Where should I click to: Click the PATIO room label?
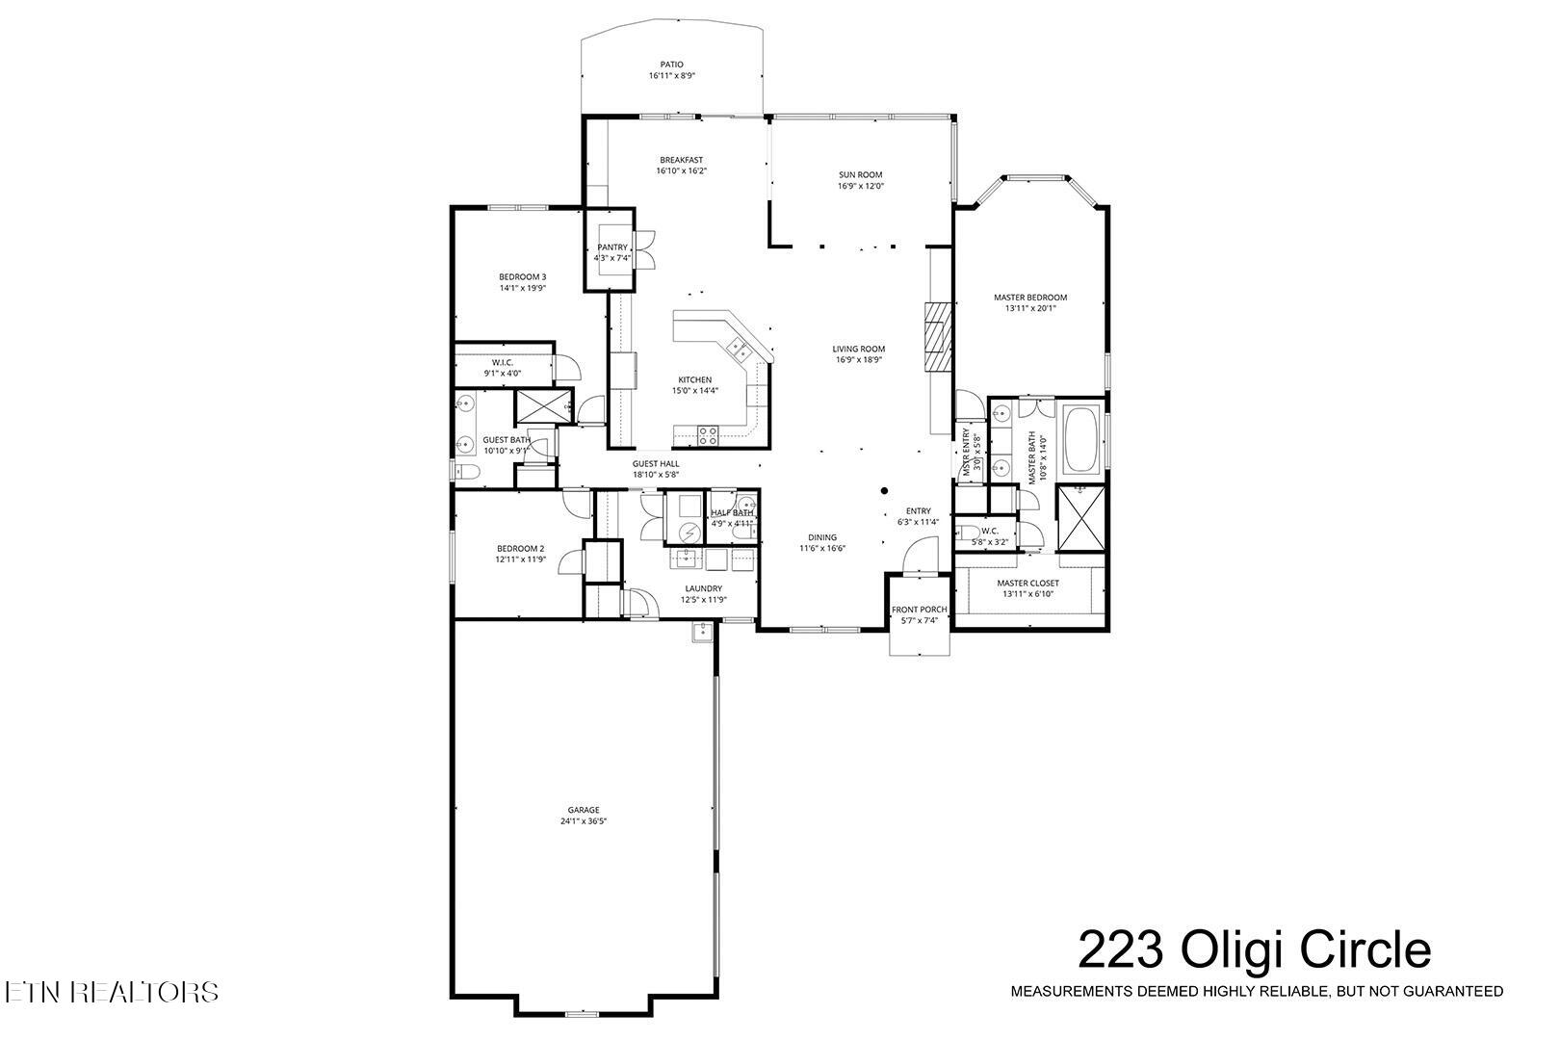pyautogui.click(x=671, y=65)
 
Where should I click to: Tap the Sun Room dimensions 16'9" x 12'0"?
pyautogui.click(x=860, y=187)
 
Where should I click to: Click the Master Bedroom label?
pyautogui.click(x=1030, y=298)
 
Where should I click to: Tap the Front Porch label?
pyautogui.click(x=919, y=610)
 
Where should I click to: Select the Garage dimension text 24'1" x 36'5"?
pyautogui.click(x=584, y=821)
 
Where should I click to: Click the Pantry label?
pyautogui.click(x=612, y=247)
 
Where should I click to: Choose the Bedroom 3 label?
pyautogui.click(x=523, y=276)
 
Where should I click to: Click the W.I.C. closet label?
pyautogui.click(x=502, y=362)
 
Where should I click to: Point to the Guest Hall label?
pyautogui.click(x=656, y=463)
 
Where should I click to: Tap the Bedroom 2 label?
pyautogui.click(x=521, y=548)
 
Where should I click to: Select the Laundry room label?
pyautogui.click(x=703, y=588)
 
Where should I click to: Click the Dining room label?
pyautogui.click(x=821, y=537)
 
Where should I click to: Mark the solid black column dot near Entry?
pyautogui.click(x=884, y=491)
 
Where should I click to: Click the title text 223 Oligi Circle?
pyautogui.click(x=1254, y=950)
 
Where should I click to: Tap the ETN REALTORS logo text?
pyautogui.click(x=111, y=992)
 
